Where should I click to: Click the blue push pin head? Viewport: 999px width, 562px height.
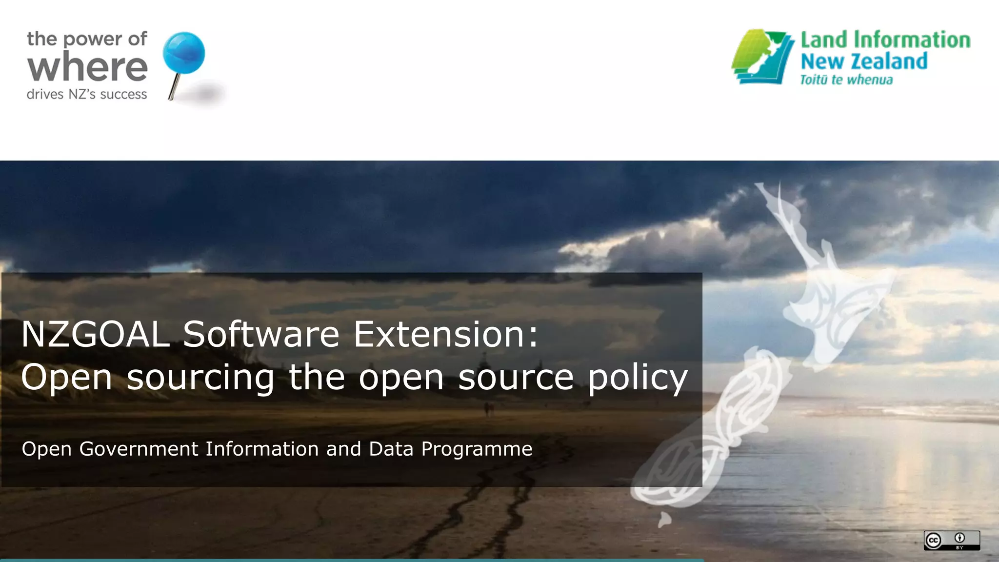click(183, 53)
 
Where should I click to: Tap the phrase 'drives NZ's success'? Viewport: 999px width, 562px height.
click(87, 94)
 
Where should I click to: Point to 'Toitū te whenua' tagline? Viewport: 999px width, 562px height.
click(846, 80)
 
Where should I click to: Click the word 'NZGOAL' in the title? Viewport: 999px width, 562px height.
click(96, 335)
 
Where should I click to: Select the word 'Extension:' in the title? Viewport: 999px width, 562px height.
click(446, 335)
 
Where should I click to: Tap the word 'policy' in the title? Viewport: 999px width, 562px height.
click(638, 378)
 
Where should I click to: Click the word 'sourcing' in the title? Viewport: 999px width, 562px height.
click(200, 378)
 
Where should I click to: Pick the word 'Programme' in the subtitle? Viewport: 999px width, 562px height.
click(477, 449)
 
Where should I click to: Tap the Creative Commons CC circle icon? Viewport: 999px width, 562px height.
click(933, 541)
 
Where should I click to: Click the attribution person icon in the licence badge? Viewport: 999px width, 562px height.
click(960, 538)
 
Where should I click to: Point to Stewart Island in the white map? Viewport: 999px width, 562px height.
click(664, 520)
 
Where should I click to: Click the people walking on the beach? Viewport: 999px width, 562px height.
click(488, 409)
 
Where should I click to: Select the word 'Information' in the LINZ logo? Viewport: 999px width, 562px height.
click(912, 40)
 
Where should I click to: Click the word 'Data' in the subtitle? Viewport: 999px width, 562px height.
click(391, 449)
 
